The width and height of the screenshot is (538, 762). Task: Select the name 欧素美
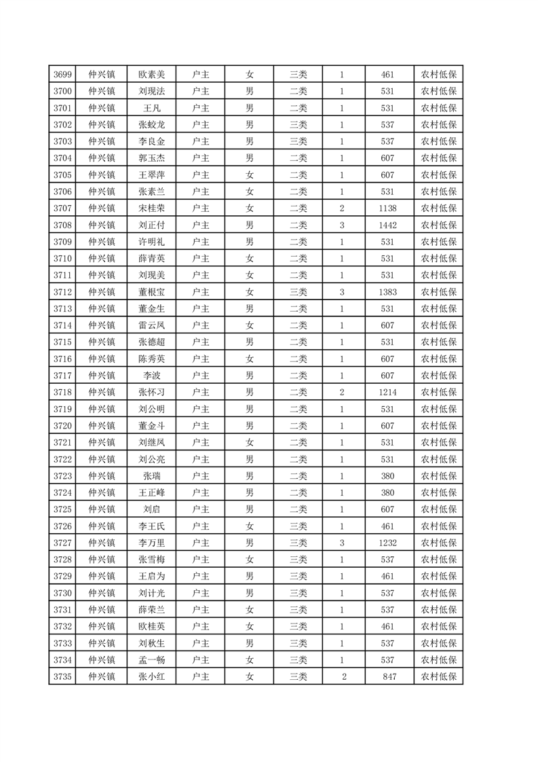(x=151, y=75)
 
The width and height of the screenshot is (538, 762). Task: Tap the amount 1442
(x=388, y=225)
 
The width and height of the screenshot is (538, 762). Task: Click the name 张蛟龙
(x=151, y=125)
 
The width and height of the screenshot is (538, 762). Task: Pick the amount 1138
(x=388, y=208)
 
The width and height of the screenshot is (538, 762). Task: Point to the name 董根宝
(x=151, y=292)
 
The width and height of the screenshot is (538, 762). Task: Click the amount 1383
(x=388, y=292)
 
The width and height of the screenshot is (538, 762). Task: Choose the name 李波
(x=151, y=376)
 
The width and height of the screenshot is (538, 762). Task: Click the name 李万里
(x=151, y=543)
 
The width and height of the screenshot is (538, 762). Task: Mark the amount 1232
(x=388, y=543)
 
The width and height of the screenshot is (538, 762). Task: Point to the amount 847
(x=388, y=676)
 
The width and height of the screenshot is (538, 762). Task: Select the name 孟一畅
(x=151, y=659)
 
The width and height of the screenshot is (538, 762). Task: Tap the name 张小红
(x=151, y=676)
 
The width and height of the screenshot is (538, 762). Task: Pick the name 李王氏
(x=151, y=526)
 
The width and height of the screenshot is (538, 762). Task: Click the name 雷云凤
(x=151, y=325)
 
